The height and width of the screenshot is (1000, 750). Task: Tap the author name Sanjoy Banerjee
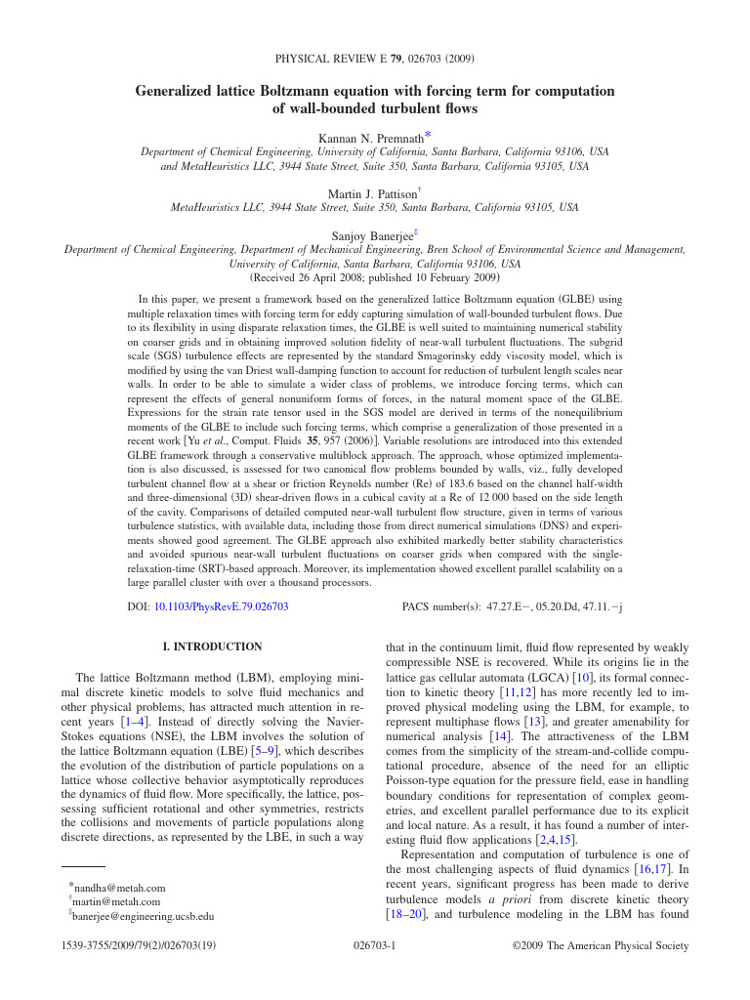pyautogui.click(x=373, y=235)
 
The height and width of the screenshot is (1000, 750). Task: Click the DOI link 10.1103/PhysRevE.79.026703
pyautogui.click(x=221, y=606)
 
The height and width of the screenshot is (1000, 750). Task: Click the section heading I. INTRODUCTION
pyautogui.click(x=212, y=646)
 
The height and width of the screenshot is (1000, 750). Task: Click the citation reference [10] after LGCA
pyautogui.click(x=583, y=677)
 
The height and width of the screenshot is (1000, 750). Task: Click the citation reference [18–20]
pyautogui.click(x=406, y=915)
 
